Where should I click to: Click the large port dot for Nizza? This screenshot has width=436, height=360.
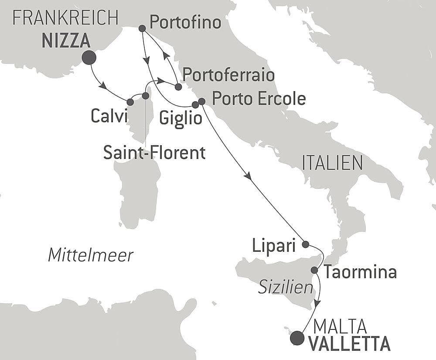[89, 58]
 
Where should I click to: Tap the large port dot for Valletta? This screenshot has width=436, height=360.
[297, 338]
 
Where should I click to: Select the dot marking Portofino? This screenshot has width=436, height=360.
[142, 28]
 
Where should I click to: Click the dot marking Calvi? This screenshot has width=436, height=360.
[130, 102]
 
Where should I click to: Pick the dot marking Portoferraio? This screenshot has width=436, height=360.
[178, 87]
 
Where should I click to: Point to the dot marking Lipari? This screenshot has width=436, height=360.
[306, 244]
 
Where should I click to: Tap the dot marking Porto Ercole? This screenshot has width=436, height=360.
[201, 101]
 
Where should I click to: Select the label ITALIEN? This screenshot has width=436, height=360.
[332, 163]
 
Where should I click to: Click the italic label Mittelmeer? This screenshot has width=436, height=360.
[90, 255]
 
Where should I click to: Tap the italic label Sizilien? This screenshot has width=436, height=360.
[286, 287]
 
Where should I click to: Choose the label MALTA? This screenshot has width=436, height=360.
[340, 326]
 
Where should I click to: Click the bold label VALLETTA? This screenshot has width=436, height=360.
[349, 344]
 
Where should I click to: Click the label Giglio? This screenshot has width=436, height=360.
[181, 118]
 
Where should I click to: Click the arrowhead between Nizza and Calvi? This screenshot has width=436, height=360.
[102, 86]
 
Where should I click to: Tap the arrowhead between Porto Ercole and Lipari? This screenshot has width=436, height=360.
[248, 176]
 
